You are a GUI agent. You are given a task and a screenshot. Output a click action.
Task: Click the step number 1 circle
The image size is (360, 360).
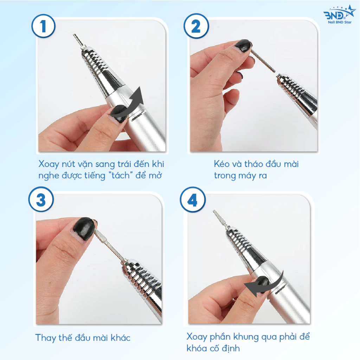pos(43,26)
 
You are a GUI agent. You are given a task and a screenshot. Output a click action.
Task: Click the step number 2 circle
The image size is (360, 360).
pos(196,26)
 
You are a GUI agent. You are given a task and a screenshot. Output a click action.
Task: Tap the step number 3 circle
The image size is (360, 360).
pos(41,199)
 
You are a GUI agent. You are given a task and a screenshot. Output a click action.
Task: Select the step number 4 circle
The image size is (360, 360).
pos(192,200)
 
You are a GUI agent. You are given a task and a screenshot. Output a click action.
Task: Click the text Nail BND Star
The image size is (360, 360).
pos(340,22)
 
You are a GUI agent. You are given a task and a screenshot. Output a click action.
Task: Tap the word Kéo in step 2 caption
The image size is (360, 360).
pos(221,164)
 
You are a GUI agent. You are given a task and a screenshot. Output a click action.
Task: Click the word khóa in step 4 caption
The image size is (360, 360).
pos(197,348)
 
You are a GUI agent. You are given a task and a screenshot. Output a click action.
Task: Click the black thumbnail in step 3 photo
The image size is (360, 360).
pos(84,228)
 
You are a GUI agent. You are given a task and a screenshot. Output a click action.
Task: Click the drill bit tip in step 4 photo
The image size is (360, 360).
pos(214,211)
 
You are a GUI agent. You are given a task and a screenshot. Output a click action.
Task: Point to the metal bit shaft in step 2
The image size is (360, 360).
pos(263,61)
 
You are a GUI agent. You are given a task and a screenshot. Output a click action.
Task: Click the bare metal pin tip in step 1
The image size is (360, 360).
pos(75,35)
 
